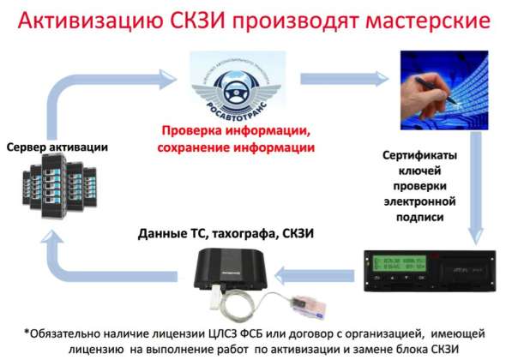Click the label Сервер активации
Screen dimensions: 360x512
[x=57, y=147]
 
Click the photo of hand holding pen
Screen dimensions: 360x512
[x=443, y=85]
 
